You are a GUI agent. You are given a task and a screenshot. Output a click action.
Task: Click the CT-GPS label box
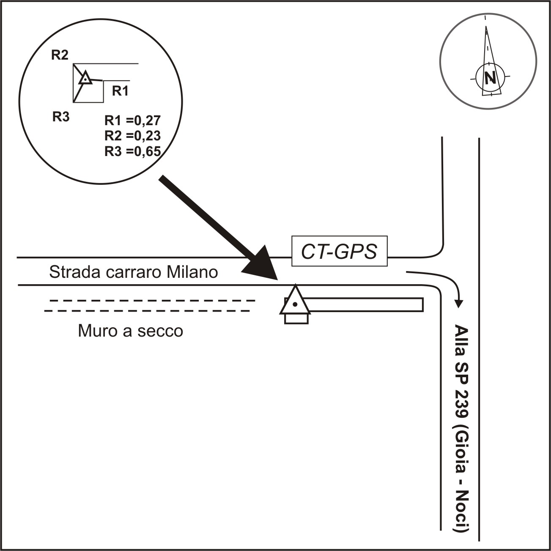point(340,251)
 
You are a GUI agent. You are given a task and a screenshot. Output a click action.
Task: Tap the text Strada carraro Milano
point(133,272)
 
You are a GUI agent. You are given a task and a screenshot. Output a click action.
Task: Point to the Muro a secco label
point(130,331)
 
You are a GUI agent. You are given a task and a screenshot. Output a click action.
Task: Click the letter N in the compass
point(490,78)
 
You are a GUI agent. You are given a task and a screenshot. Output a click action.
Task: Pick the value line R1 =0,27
point(132,121)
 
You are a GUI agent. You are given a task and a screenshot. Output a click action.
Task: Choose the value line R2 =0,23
point(132,136)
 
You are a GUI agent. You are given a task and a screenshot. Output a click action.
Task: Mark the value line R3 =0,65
point(132,151)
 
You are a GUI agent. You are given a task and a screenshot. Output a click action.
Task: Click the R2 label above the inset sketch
point(60,55)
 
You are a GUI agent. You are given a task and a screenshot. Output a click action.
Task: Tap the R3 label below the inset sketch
point(60,117)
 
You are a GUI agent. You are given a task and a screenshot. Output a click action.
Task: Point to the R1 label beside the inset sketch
point(120,90)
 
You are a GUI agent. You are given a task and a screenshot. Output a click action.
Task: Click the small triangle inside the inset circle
point(85,78)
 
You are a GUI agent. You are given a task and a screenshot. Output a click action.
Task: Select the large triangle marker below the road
point(295,301)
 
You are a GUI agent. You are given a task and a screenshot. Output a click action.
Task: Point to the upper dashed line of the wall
point(152,301)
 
